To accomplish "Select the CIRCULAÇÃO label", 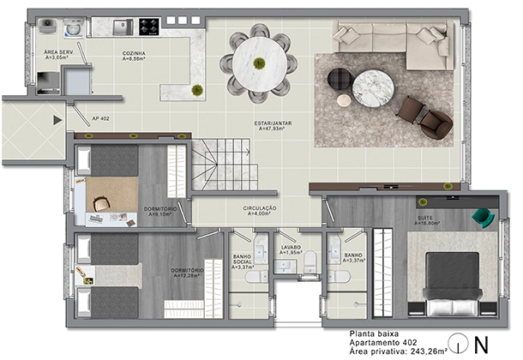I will (258, 208).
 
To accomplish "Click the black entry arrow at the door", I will (58, 120).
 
